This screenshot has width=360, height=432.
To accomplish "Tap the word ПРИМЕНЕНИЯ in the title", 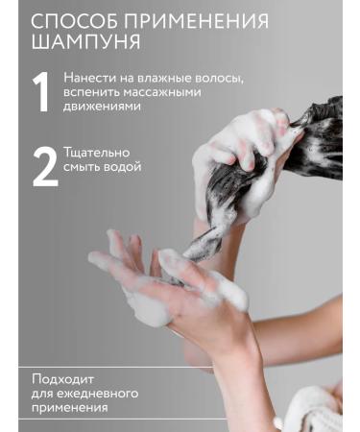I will [x=199, y=22].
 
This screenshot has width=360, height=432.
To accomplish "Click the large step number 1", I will [x=41, y=93].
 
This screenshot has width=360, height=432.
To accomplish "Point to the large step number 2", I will [x=44, y=166].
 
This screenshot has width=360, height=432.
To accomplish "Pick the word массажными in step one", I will [x=174, y=92].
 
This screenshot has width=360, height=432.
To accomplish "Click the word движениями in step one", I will [x=103, y=107].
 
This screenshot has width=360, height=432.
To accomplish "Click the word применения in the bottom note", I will [x=69, y=407].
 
